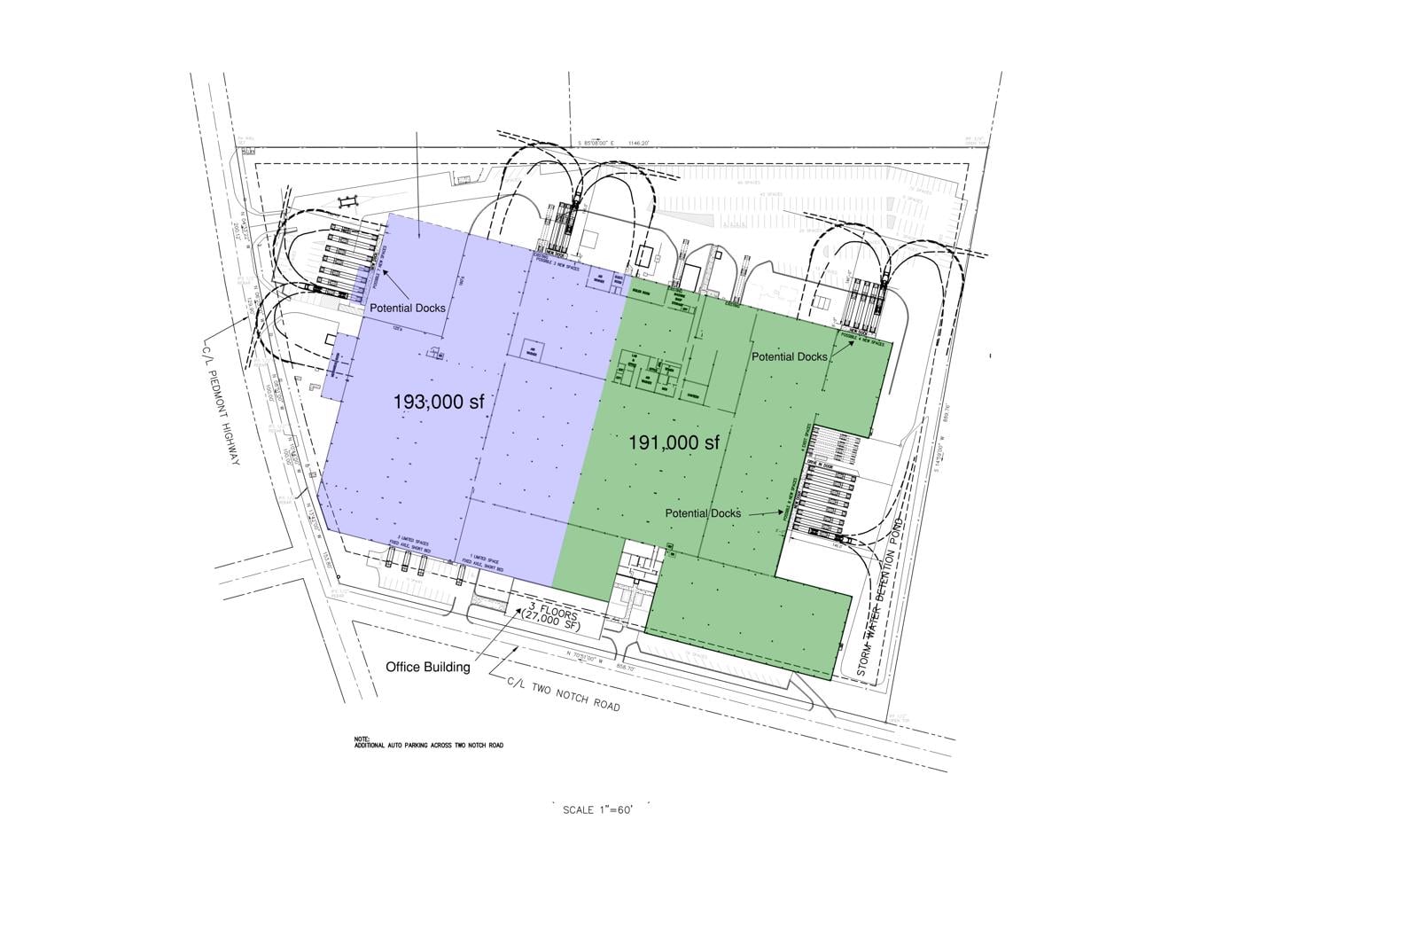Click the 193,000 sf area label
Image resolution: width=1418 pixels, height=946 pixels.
point(439,403)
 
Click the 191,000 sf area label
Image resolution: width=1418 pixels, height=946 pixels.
point(674,442)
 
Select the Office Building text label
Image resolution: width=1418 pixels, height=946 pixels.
point(428,667)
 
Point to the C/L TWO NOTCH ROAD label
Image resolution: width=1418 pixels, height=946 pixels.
point(564,694)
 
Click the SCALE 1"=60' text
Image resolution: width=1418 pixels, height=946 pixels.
point(598,809)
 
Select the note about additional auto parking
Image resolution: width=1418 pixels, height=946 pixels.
point(428,742)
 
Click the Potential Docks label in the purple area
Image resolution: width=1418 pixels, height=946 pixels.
point(408,308)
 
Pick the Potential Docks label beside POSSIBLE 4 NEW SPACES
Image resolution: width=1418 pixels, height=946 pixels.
point(790,356)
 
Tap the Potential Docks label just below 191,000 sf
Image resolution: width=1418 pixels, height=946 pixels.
point(703,513)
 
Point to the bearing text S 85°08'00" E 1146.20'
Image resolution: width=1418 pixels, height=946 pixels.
point(615,143)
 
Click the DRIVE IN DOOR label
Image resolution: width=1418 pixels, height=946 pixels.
point(815,465)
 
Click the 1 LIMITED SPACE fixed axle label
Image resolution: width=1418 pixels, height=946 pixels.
point(486,564)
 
